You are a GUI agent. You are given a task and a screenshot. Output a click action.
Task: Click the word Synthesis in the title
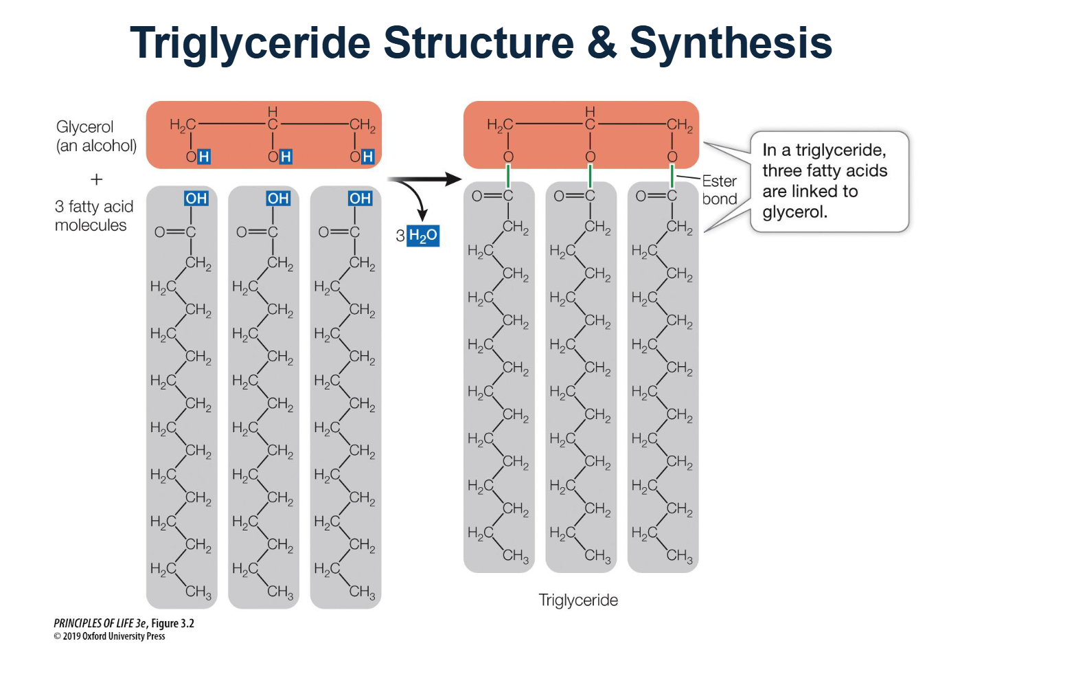(x=731, y=43)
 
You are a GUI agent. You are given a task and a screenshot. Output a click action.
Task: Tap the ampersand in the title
(x=602, y=43)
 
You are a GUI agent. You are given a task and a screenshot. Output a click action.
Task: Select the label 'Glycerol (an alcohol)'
(x=96, y=136)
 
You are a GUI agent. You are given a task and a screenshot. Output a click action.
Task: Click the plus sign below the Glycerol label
(x=97, y=179)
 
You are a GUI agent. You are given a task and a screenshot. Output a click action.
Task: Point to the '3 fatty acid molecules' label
(x=94, y=216)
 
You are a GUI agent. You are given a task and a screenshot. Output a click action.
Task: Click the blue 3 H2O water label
(x=422, y=236)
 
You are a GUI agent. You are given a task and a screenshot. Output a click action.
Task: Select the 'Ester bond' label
(x=719, y=190)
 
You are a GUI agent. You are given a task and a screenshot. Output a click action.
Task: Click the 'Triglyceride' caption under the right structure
(x=578, y=600)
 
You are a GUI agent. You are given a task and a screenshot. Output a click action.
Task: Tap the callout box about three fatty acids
(x=829, y=181)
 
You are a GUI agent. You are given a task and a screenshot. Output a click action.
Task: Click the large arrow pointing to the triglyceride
(x=426, y=180)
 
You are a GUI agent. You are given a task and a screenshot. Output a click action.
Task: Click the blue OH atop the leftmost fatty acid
(x=196, y=199)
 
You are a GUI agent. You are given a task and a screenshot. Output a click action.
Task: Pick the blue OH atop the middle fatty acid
(x=278, y=199)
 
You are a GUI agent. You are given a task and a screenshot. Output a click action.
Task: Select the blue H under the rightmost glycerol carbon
(x=367, y=157)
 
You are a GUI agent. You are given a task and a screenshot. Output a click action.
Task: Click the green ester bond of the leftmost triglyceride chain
(x=508, y=176)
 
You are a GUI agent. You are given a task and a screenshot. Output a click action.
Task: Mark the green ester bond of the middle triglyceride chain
(x=590, y=176)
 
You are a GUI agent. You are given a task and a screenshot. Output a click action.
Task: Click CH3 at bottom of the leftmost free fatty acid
(x=198, y=592)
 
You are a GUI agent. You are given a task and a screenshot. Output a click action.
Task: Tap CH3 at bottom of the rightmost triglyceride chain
(x=680, y=555)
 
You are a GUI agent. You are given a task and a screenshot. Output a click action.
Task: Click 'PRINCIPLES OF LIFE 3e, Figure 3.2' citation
(x=124, y=623)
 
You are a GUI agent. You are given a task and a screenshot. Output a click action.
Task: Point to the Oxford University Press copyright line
(x=109, y=636)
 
